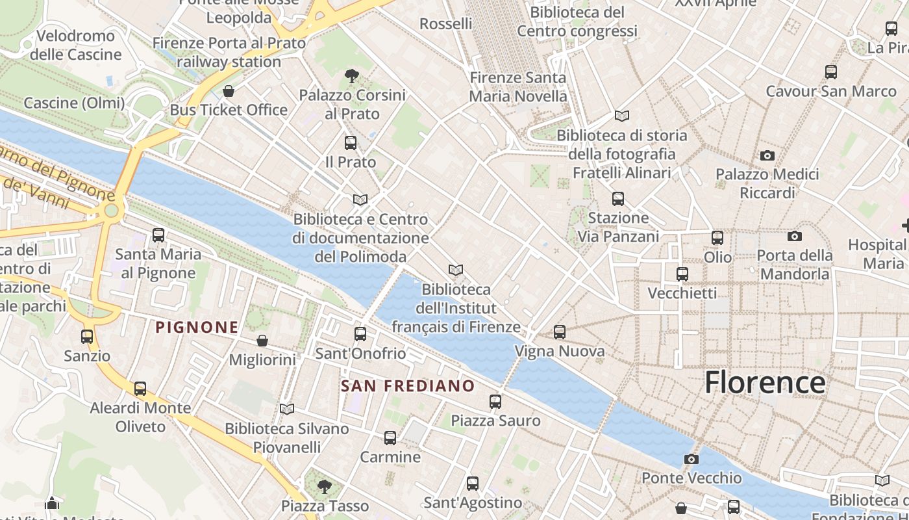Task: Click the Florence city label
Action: point(765,382)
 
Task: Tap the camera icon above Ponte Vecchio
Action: point(691,460)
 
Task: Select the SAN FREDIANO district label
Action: point(408,385)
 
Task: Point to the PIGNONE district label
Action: point(197,327)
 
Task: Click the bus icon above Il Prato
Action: point(351,143)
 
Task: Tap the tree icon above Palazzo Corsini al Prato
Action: point(352,76)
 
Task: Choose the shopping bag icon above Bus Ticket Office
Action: point(228,91)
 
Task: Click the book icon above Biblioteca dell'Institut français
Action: point(456,270)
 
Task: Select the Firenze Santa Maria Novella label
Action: point(517,87)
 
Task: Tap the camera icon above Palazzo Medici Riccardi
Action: point(767,155)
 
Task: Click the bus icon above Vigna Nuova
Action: point(560,332)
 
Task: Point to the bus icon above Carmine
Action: point(390,438)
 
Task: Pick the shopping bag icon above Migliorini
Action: point(262,341)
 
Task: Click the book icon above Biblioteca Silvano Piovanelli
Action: point(286,409)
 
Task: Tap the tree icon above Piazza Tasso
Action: point(324,486)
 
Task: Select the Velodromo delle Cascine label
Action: point(76,45)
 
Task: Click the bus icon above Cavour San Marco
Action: point(830,72)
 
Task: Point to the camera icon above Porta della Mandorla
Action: point(794,237)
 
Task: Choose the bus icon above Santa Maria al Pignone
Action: point(158,235)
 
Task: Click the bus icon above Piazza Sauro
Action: point(495,402)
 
